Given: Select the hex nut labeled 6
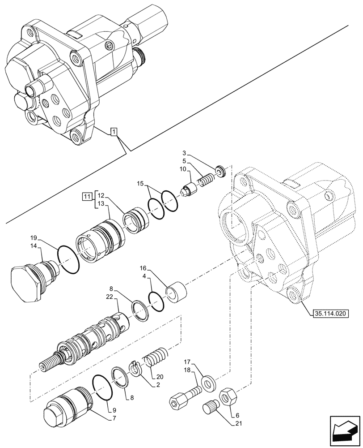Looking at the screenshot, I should coord(228,396).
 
